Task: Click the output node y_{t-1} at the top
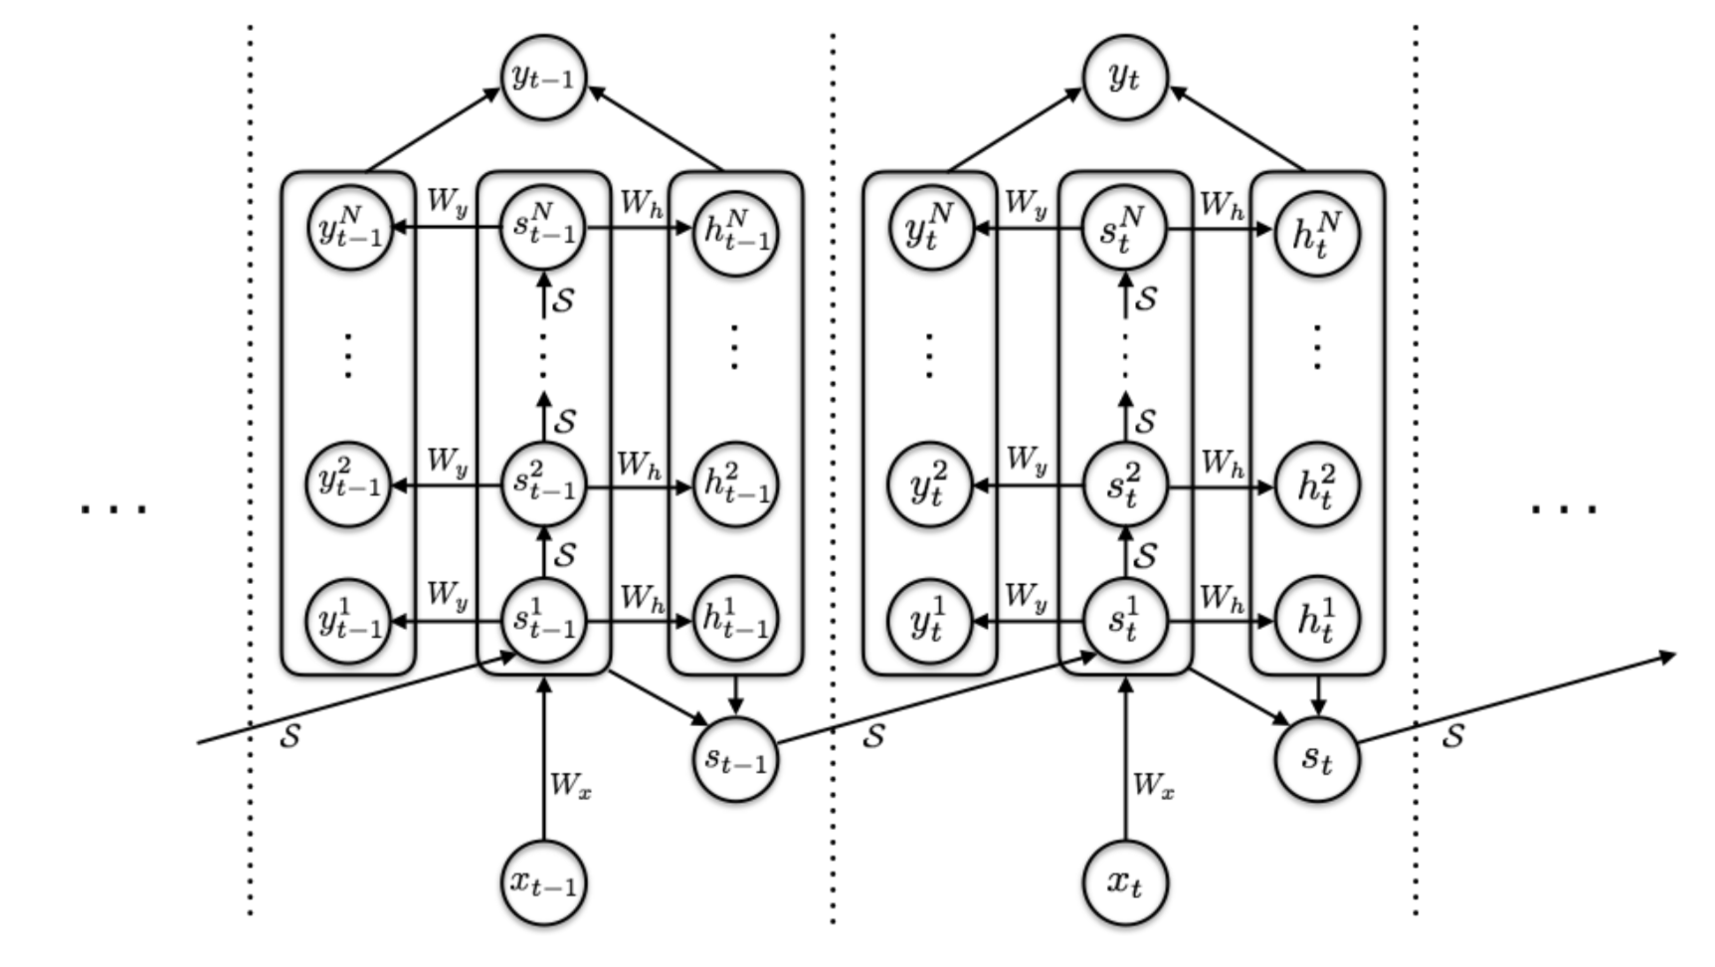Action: (543, 77)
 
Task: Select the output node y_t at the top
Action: (1124, 77)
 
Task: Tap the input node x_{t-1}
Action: (543, 881)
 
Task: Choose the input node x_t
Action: (1124, 881)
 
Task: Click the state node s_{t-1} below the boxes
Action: (735, 759)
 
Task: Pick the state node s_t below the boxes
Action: (1316, 759)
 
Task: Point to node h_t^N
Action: (1317, 234)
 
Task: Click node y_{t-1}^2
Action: (348, 484)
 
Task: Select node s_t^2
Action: (1124, 484)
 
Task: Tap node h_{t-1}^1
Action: (735, 621)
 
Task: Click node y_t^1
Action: (929, 622)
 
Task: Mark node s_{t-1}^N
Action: (543, 228)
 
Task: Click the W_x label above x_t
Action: (1153, 786)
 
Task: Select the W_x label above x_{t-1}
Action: (571, 786)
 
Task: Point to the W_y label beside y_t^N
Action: (1027, 203)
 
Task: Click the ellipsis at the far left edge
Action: (113, 509)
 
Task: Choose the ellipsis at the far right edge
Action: (1564, 509)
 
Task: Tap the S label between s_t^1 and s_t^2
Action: (1146, 555)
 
